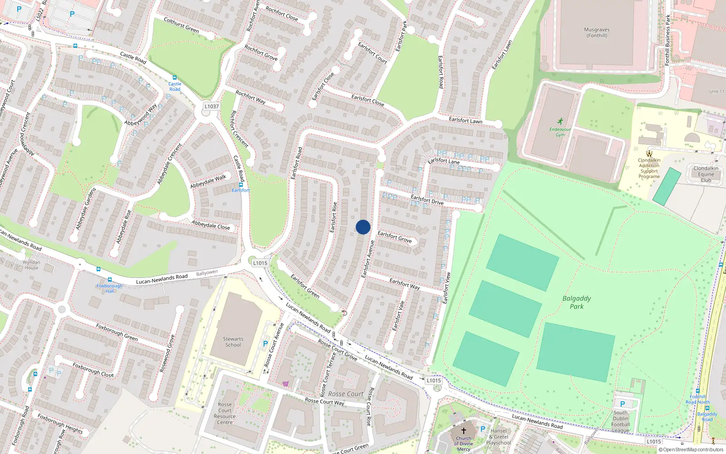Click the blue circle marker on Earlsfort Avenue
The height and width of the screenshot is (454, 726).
(363, 227)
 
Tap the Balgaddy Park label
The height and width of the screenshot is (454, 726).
(577, 302)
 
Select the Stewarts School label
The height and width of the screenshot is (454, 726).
(233, 342)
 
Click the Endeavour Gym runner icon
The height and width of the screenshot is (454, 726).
(560, 122)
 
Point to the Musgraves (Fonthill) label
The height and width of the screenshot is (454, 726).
(597, 32)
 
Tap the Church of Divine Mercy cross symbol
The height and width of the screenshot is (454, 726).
(464, 430)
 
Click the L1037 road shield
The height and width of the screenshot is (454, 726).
(211, 106)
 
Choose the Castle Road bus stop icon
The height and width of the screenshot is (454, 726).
(175, 78)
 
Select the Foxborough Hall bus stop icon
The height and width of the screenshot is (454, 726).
(109, 280)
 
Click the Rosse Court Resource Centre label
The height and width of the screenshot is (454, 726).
(225, 413)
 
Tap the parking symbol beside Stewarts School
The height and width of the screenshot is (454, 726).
(265, 344)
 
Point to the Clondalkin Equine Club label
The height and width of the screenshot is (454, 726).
(706, 174)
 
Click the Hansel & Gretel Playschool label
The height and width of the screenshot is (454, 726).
(499, 437)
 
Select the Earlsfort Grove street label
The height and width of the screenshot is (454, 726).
(395, 237)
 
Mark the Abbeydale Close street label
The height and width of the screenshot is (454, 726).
(211, 225)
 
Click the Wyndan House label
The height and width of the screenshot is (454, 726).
(31, 265)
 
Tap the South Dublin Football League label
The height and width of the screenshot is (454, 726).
(620, 422)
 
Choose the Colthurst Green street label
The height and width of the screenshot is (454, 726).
(181, 25)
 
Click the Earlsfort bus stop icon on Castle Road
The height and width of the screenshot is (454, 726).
(241, 185)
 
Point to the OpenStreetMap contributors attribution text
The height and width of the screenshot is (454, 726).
(691, 450)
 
